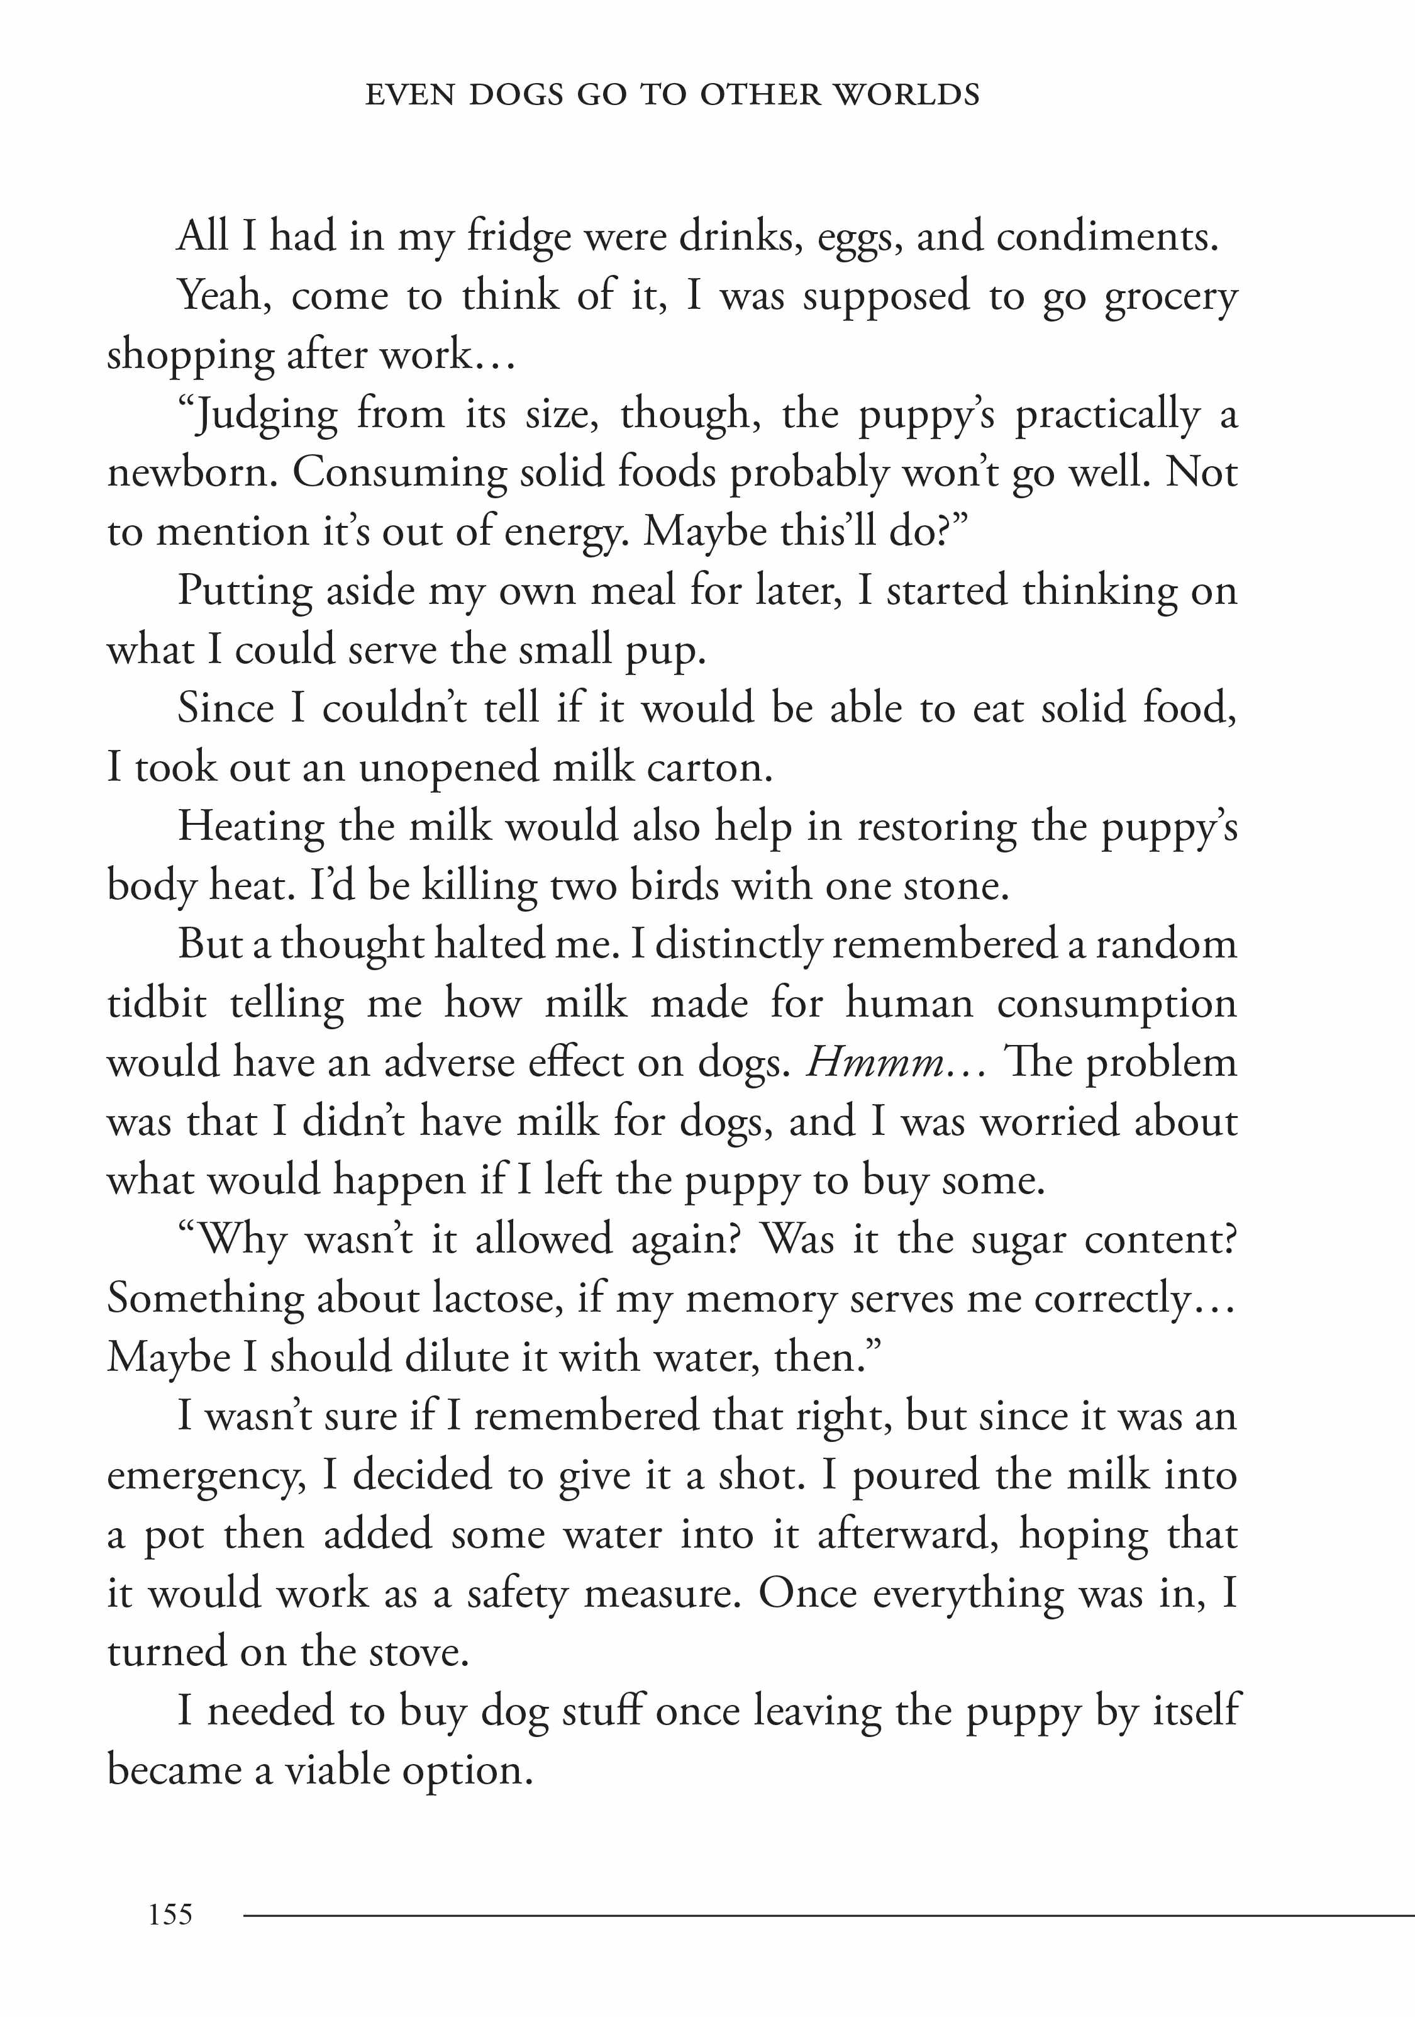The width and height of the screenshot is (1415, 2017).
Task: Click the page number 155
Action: click(170, 1913)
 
